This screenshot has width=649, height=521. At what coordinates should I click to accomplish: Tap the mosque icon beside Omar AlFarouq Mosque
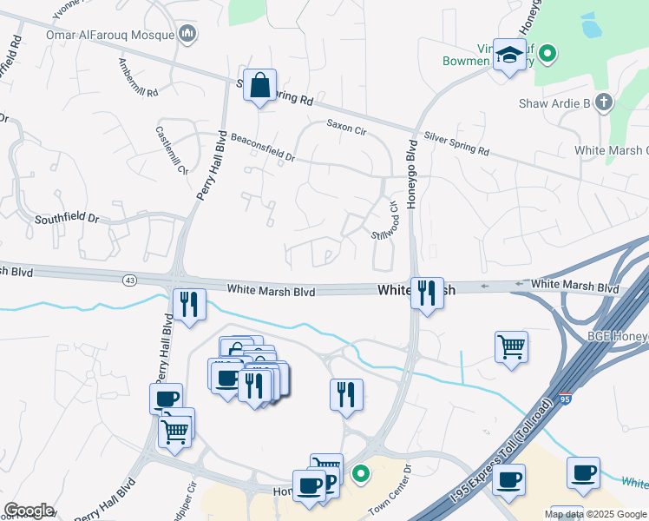[187, 34]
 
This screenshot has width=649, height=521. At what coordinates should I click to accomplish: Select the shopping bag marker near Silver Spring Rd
[259, 86]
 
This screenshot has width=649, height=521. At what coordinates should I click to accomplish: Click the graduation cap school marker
[508, 56]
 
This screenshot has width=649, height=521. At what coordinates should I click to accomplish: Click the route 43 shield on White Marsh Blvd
[129, 280]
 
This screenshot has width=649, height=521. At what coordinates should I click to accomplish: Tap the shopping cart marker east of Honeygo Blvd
[511, 347]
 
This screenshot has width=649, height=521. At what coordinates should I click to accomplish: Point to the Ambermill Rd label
[139, 82]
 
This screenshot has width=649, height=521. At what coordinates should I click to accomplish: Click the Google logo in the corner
[29, 511]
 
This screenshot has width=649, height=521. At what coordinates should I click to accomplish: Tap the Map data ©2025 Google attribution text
[594, 514]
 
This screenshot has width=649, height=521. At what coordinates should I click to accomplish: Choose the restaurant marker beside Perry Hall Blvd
[189, 304]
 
